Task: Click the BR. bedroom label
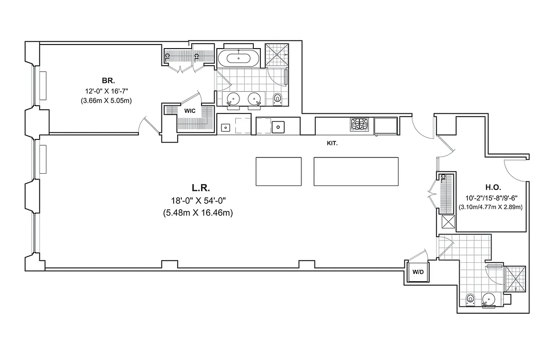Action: [108, 81]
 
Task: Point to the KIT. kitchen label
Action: [332, 144]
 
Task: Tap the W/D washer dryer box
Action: [417, 272]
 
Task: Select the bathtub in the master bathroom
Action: [238, 58]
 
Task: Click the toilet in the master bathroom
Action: [277, 98]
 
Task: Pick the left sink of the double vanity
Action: [233, 99]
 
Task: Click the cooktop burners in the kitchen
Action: [359, 125]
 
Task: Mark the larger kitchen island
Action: [356, 171]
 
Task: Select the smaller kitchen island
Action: [278, 171]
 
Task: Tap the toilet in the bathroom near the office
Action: [471, 299]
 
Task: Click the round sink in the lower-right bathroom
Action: [488, 299]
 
